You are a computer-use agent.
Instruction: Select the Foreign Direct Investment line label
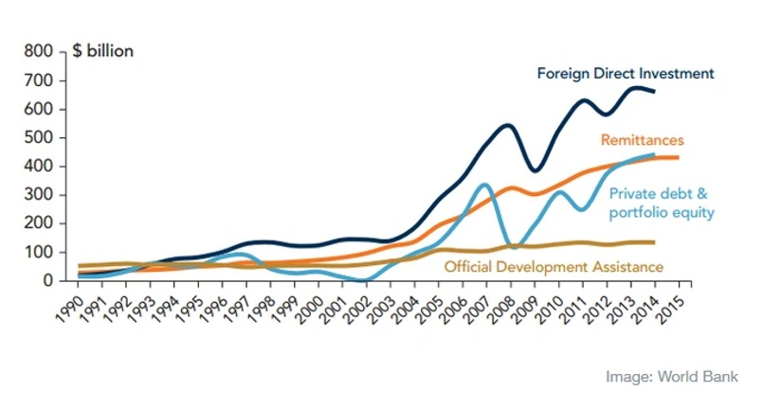[x=626, y=73]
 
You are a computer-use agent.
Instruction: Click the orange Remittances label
[x=642, y=140]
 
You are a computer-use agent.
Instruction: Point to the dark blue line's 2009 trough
[x=536, y=170]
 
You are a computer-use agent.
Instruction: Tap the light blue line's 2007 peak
[x=484, y=185]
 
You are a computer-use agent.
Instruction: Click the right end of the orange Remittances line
[x=677, y=157]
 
